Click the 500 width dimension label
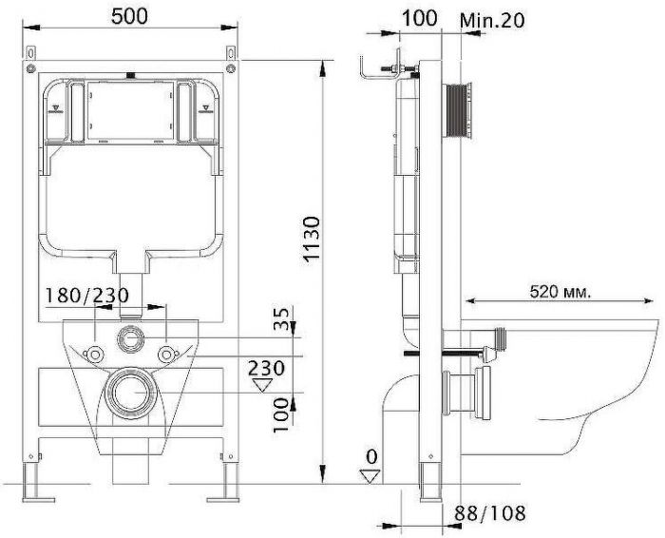point(129,16)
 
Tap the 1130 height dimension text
point(312,240)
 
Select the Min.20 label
point(492,20)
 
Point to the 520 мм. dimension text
point(560,292)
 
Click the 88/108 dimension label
point(490,513)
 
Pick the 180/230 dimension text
point(87,296)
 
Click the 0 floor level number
point(371,457)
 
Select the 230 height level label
point(266,368)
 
